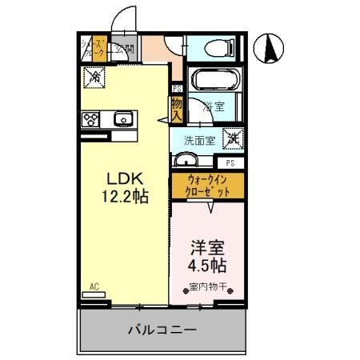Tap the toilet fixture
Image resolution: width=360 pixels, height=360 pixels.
tap(215, 47)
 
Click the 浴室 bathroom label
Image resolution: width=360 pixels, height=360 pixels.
tap(212, 105)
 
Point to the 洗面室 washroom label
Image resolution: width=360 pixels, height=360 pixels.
tap(200, 139)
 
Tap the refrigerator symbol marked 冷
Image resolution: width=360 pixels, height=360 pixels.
tap(94, 77)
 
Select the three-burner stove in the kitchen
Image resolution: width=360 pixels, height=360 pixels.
tap(90, 120)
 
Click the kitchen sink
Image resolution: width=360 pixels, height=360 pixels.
tap(122, 120)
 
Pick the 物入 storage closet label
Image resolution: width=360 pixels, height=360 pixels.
tap(175, 108)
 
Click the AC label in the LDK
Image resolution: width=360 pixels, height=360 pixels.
tap(94, 286)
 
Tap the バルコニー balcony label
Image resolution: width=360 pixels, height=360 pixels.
tap(162, 329)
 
